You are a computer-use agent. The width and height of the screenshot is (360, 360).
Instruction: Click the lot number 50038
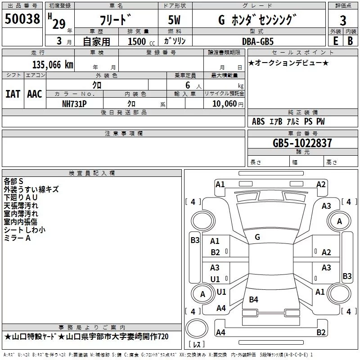(x=22, y=19)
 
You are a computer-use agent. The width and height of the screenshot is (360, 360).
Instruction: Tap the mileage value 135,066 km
(x=53, y=65)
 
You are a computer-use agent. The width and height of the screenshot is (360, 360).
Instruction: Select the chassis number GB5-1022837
(x=302, y=143)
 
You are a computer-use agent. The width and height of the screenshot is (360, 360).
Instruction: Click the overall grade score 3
(x=343, y=21)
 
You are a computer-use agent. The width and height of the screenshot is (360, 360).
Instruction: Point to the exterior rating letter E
(x=335, y=41)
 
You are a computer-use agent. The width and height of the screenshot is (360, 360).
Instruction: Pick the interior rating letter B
(x=350, y=41)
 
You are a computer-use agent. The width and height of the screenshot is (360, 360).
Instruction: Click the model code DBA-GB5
(x=258, y=41)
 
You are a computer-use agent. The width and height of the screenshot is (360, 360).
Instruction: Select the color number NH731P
(x=74, y=104)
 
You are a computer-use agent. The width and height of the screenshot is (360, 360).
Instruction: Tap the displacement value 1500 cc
(x=141, y=41)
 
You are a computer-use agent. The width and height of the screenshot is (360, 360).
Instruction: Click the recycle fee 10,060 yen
(x=228, y=104)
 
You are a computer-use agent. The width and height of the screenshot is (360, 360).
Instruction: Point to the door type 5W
(x=174, y=20)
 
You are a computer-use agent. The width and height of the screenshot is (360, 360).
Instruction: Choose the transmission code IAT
(x=13, y=94)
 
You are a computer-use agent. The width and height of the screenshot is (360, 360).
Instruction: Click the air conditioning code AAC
(x=35, y=94)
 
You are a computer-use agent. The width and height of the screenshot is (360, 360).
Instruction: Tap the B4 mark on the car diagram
(x=253, y=299)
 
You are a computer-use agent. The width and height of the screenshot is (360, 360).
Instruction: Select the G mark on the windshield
(x=257, y=237)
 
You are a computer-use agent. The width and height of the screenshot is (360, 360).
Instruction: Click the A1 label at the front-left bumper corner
(x=220, y=184)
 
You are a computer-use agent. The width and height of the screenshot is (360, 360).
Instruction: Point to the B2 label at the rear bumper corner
(x=321, y=332)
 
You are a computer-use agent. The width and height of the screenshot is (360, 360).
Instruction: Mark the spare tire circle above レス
(x=197, y=328)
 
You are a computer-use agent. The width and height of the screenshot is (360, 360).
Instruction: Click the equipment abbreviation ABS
(x=258, y=121)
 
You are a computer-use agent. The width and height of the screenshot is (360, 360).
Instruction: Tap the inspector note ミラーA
(x=17, y=238)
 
